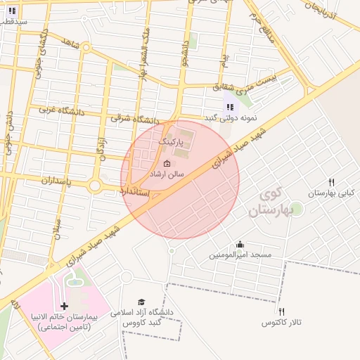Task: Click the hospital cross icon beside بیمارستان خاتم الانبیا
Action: (65, 306)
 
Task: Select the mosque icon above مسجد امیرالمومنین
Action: (240, 245)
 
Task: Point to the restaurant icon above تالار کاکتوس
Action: (281, 311)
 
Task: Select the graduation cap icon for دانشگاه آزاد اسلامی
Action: (141, 302)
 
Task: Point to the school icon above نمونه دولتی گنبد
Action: (229, 107)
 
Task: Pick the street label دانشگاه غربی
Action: (60, 110)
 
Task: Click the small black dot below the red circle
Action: (171, 250)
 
